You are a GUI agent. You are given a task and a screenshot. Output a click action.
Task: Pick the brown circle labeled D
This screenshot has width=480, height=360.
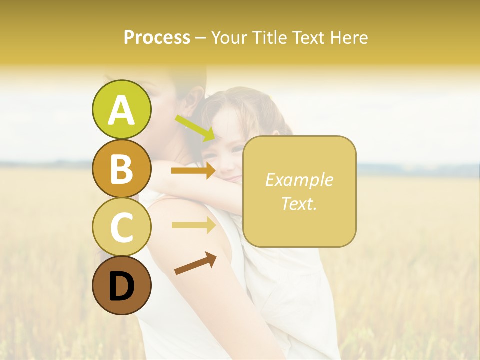121,285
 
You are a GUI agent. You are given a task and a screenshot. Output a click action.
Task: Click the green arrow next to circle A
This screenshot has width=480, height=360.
195,128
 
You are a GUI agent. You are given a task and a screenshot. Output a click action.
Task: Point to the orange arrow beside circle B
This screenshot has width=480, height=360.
193,171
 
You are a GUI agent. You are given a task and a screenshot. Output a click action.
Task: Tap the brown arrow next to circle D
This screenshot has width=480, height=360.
195,263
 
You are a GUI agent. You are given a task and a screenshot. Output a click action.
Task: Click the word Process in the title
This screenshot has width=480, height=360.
157,38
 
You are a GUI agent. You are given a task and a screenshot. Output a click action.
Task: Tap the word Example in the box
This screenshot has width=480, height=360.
299,180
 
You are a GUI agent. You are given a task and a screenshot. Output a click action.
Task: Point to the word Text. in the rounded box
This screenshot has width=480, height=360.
299,203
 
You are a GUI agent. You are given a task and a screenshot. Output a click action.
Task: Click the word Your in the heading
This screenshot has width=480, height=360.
229,38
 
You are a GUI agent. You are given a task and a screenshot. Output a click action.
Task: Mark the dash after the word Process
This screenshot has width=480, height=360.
201,38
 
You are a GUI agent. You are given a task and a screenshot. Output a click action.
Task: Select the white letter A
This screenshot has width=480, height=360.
121,110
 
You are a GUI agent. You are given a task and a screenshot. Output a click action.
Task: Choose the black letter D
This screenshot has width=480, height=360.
121,286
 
